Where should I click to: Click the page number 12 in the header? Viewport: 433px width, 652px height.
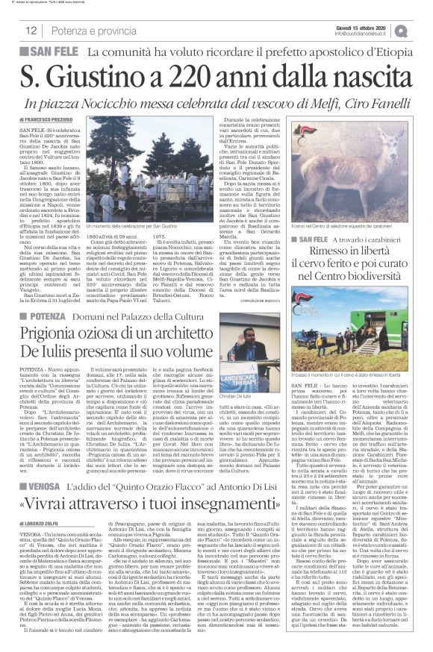(x=31, y=30)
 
